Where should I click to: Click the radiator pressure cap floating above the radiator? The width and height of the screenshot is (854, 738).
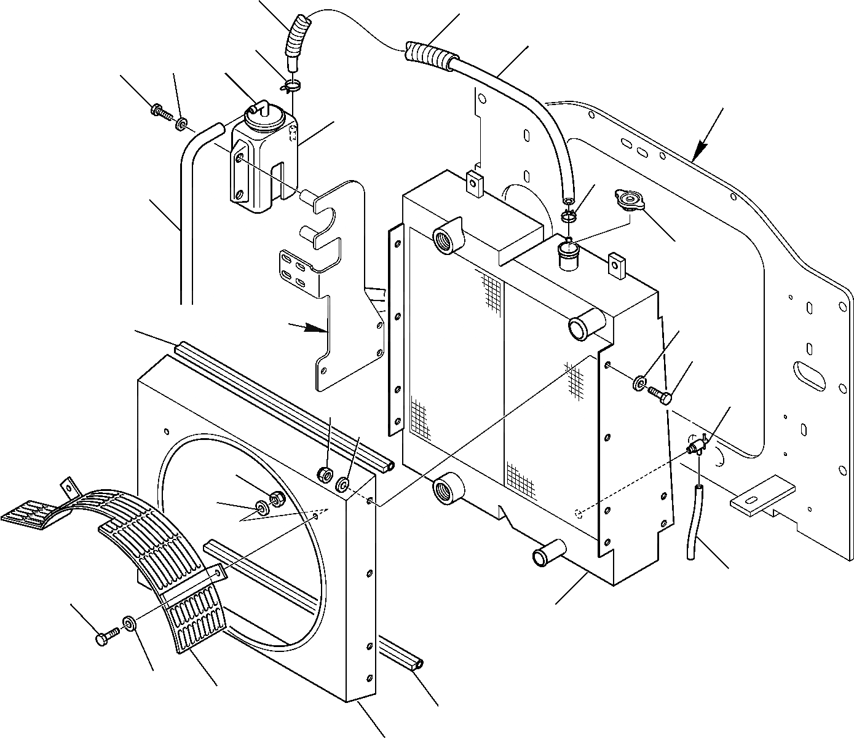[628, 200]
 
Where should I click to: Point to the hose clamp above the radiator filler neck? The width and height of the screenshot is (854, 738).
[569, 216]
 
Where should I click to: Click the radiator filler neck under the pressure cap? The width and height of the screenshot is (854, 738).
[567, 253]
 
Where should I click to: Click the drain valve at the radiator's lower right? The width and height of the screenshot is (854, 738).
[697, 444]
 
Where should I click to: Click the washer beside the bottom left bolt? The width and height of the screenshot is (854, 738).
[129, 624]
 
